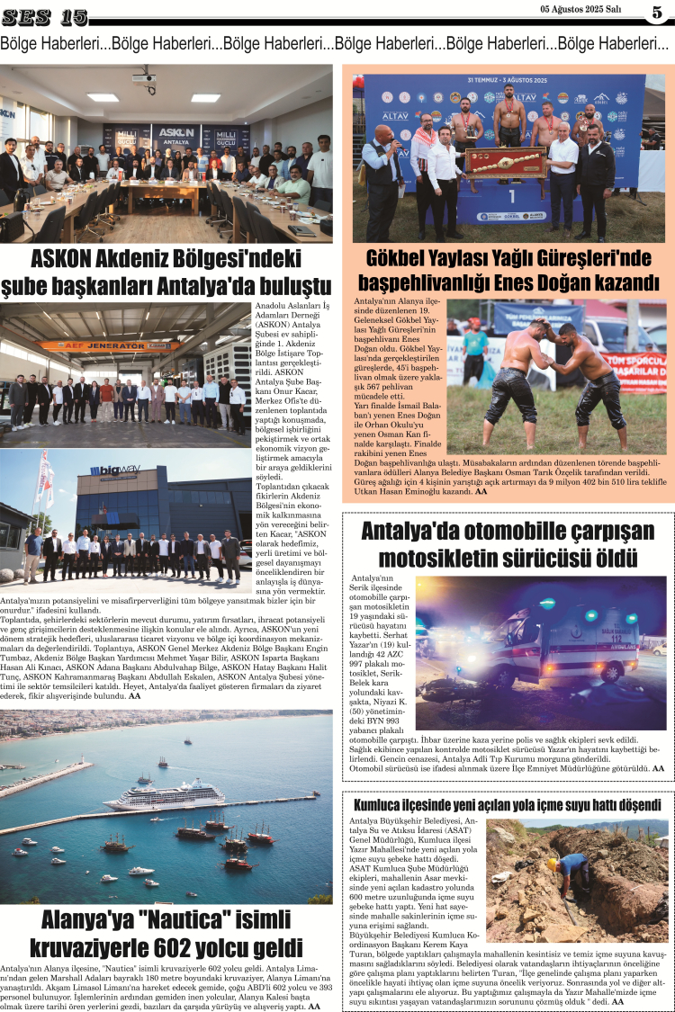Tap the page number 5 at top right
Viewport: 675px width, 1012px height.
click(x=656, y=13)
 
